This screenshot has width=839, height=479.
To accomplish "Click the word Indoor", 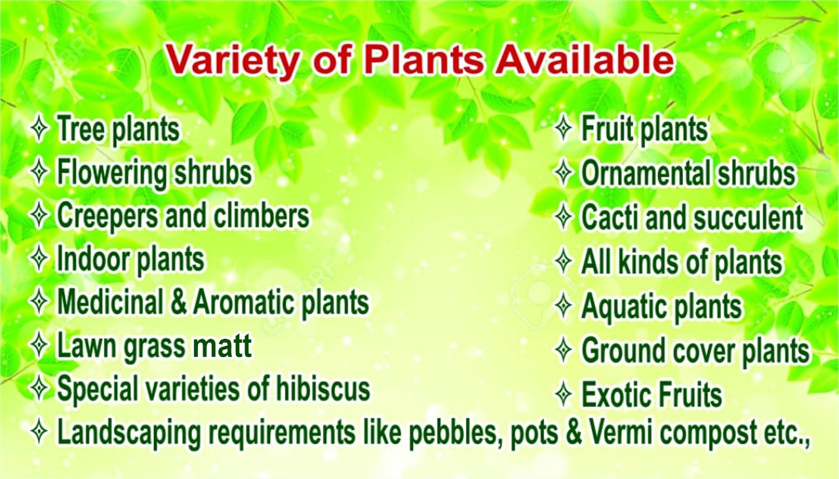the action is click(x=93, y=259).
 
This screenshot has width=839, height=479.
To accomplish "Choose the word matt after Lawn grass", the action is click(x=222, y=346).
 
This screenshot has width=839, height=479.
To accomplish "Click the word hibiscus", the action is click(x=323, y=389).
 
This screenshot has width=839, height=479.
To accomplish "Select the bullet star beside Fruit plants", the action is click(x=563, y=128).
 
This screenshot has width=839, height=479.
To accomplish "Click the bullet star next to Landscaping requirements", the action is click(x=39, y=432).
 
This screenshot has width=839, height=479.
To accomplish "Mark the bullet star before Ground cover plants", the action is click(x=563, y=350).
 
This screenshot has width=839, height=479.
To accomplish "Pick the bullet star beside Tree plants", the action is click(x=39, y=128).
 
